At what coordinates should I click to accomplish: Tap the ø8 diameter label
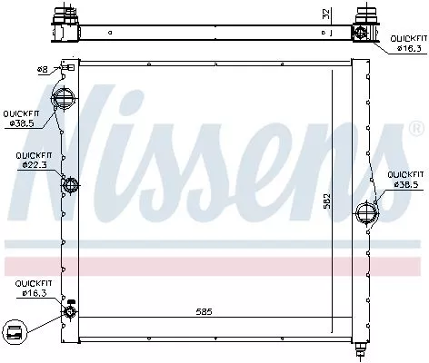pyautogui.click(x=43, y=69)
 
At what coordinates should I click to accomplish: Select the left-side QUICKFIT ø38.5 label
pyautogui.click(x=22, y=117)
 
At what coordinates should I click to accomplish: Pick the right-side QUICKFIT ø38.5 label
pyautogui.click(x=404, y=179)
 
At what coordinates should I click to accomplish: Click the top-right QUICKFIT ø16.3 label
pyautogui.click(x=407, y=44)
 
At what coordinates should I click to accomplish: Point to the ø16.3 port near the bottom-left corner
pyautogui.click(x=70, y=312)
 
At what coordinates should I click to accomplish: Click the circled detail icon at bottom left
pyautogui.click(x=15, y=334)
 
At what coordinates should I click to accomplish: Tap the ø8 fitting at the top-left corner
pyautogui.click(x=69, y=68)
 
